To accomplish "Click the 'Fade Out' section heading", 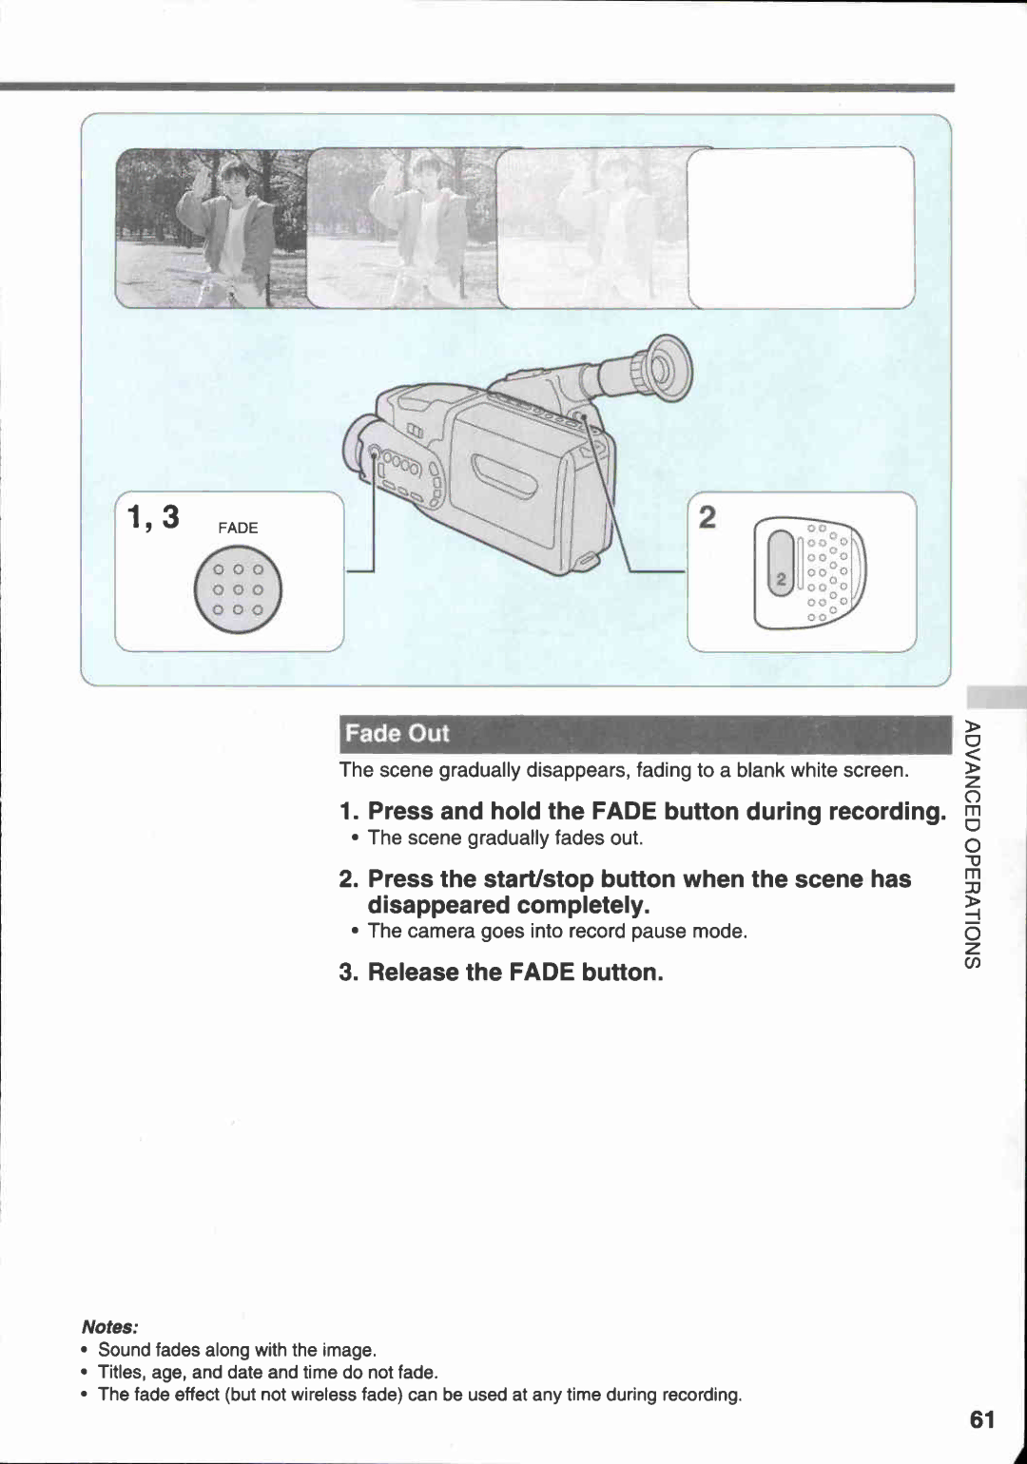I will point(397,733).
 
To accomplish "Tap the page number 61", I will point(982,1419).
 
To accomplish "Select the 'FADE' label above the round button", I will point(238,528).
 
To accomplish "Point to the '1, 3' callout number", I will point(153,517).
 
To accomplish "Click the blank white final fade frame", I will point(801,228).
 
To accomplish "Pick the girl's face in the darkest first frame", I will point(233,178).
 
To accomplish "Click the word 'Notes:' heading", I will point(110,1326).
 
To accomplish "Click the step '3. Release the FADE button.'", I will point(501,972).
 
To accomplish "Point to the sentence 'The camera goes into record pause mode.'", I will point(557,931).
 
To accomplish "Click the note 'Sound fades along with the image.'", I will point(237,1349).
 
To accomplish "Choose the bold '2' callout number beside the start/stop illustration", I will point(707,517).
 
